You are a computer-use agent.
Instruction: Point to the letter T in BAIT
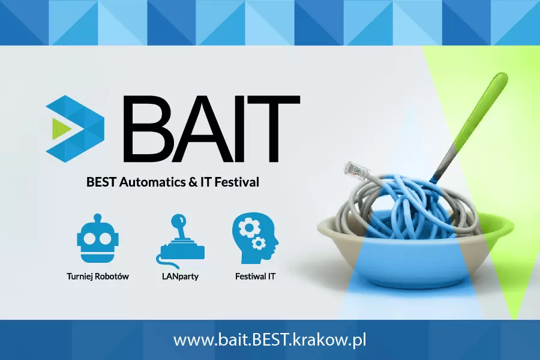click(278, 131)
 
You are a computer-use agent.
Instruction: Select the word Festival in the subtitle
click(237, 181)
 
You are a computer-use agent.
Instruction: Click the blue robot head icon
click(94, 241)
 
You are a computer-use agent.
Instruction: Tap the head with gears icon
click(254, 239)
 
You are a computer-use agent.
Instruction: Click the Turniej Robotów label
click(98, 277)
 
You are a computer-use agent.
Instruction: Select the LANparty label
click(180, 277)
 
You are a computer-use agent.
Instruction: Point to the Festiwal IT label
click(256, 277)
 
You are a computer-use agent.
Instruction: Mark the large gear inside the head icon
click(247, 228)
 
